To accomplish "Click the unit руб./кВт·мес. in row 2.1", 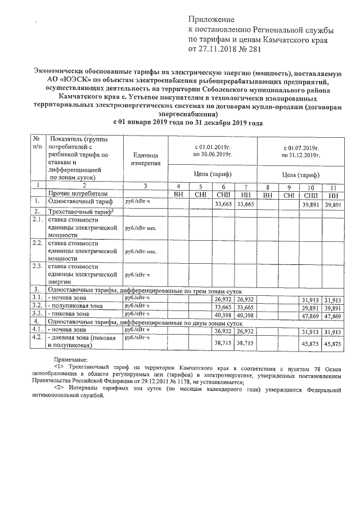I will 141,229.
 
